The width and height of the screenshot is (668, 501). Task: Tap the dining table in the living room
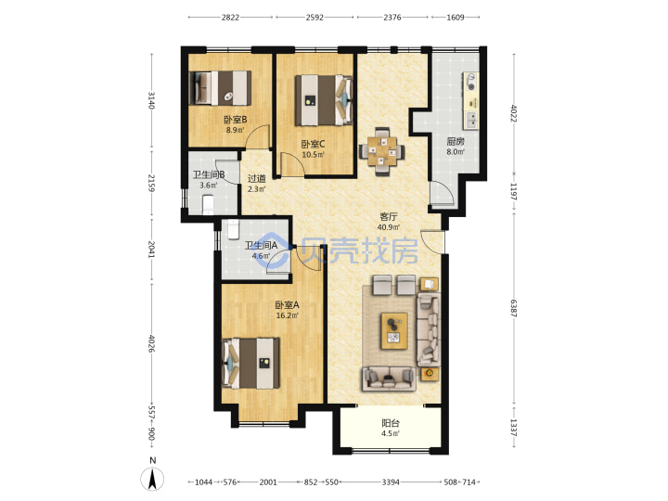[381, 150]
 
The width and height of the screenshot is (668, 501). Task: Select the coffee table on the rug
[394, 330]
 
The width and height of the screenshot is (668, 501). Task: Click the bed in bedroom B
[220, 88]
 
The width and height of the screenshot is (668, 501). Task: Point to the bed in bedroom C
[324, 100]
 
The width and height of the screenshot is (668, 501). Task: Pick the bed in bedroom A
[250, 363]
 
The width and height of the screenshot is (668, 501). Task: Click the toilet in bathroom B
[209, 204]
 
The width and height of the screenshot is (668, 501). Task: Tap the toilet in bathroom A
[233, 229]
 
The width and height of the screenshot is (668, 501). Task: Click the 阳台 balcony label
[391, 423]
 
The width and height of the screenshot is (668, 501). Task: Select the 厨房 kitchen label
[456, 141]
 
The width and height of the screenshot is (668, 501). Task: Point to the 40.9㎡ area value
[388, 227]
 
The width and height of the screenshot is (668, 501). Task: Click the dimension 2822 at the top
[230, 18]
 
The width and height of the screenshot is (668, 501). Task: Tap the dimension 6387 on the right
[513, 308]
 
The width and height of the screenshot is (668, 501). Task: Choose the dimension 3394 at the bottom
[391, 482]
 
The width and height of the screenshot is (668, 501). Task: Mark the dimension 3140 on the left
[151, 100]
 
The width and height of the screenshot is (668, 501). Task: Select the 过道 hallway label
[256, 178]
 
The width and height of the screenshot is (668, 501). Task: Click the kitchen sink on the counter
[470, 120]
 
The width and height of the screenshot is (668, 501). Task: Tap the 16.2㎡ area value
[287, 315]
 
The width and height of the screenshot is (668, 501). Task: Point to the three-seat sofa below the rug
[389, 379]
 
